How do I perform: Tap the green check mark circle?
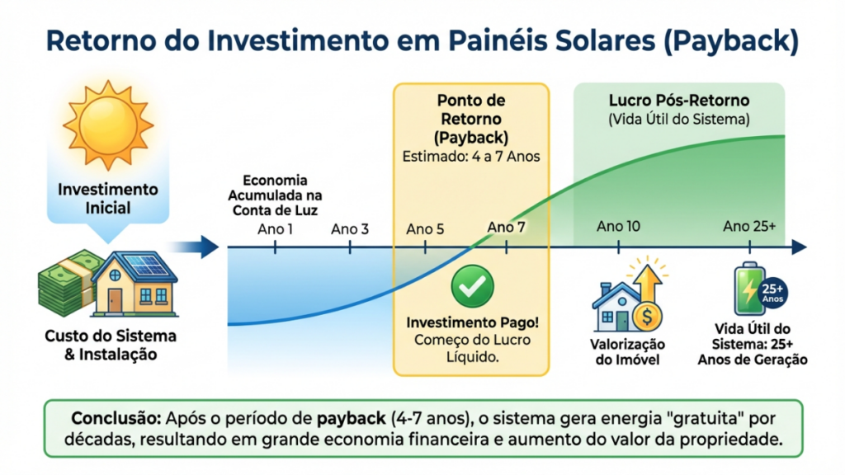(x=472, y=286)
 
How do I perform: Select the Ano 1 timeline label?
(x=275, y=228)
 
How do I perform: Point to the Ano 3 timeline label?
(x=350, y=228)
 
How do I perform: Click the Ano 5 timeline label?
(x=425, y=228)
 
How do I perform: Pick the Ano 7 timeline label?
(x=506, y=226)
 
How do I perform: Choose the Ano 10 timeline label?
(x=618, y=226)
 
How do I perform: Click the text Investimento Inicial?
(x=107, y=198)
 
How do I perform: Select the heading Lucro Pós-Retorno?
(x=678, y=101)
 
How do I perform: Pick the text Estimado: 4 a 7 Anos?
(x=471, y=156)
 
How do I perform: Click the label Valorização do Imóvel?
(x=627, y=352)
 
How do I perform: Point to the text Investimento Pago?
(x=470, y=322)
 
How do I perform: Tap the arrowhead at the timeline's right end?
(x=798, y=247)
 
